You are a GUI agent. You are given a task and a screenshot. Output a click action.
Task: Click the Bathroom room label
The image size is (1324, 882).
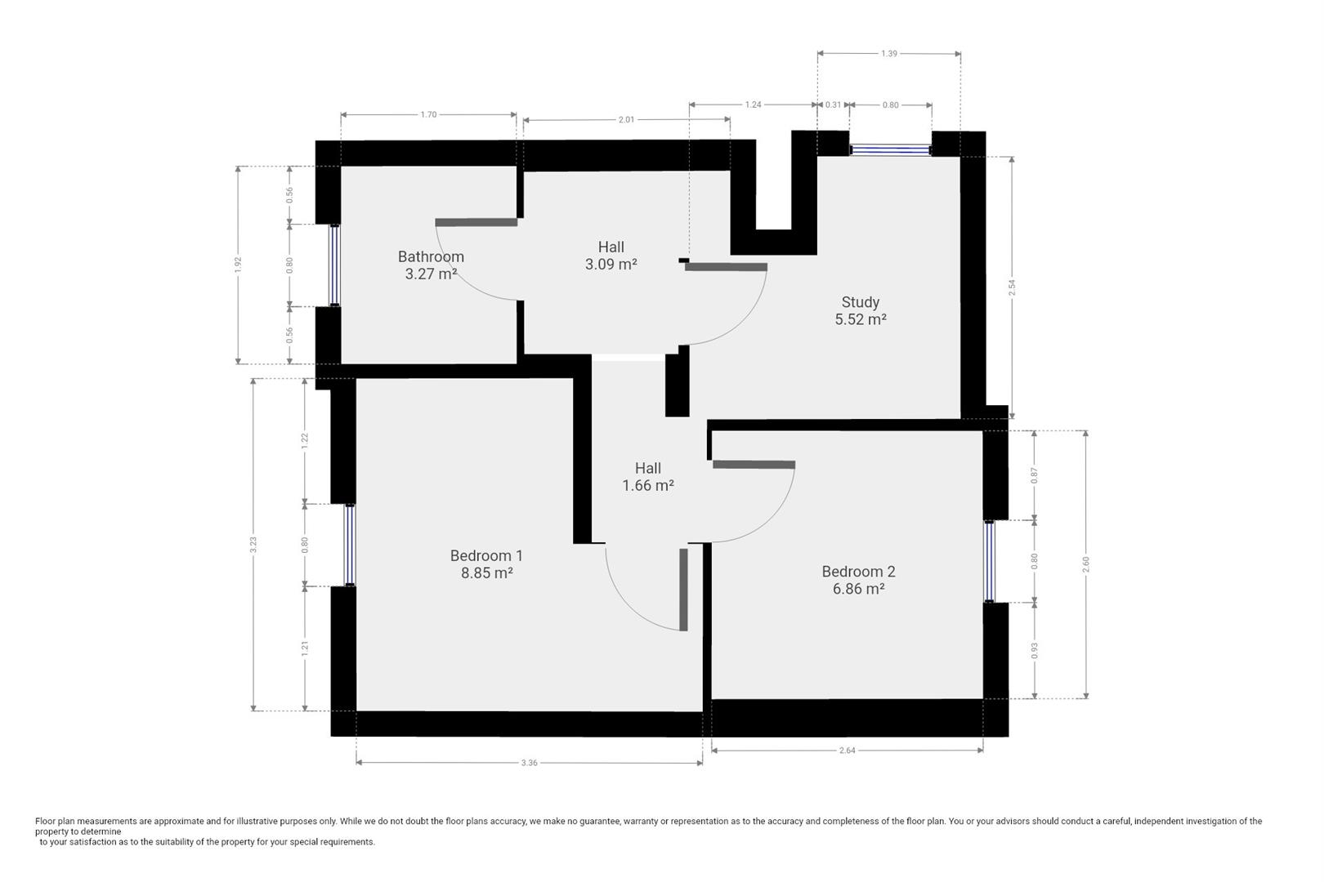click(431, 257)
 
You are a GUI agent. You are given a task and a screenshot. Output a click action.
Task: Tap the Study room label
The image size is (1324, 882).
click(861, 302)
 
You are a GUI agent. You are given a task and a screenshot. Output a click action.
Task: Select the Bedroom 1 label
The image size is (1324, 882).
click(486, 556)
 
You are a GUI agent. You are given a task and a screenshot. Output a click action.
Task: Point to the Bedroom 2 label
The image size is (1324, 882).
click(858, 572)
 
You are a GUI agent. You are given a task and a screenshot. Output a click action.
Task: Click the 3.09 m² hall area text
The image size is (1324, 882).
click(611, 264)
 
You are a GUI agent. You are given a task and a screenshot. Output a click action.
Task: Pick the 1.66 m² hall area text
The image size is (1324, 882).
click(648, 486)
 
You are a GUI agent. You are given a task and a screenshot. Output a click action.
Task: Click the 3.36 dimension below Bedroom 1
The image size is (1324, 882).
click(530, 763)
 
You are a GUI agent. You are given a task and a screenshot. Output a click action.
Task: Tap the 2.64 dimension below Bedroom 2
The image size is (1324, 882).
click(848, 751)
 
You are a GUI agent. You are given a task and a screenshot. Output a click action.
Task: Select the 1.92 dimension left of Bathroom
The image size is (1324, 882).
click(238, 265)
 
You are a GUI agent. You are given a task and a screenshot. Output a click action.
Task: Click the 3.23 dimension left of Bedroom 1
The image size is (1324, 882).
click(253, 544)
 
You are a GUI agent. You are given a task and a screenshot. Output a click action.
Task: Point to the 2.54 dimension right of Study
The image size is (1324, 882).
click(1012, 287)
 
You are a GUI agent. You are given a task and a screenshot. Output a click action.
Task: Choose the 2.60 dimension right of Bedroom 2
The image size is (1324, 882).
click(1086, 564)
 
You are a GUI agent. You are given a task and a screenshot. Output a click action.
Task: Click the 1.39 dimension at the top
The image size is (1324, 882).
click(889, 54)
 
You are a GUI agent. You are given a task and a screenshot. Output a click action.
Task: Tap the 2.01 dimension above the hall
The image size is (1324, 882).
click(627, 120)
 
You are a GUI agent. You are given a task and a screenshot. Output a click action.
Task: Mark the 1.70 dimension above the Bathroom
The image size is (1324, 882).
click(428, 114)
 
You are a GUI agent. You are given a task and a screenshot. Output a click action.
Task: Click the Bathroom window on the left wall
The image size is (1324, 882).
click(335, 265)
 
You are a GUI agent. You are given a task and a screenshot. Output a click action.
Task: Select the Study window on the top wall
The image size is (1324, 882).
click(891, 150)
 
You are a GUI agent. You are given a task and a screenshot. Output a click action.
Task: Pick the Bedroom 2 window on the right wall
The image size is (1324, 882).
click(990, 561)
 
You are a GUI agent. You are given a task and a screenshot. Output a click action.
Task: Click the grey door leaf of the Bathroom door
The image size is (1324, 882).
click(476, 223)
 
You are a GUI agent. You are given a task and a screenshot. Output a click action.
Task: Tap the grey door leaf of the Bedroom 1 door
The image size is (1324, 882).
click(684, 590)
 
